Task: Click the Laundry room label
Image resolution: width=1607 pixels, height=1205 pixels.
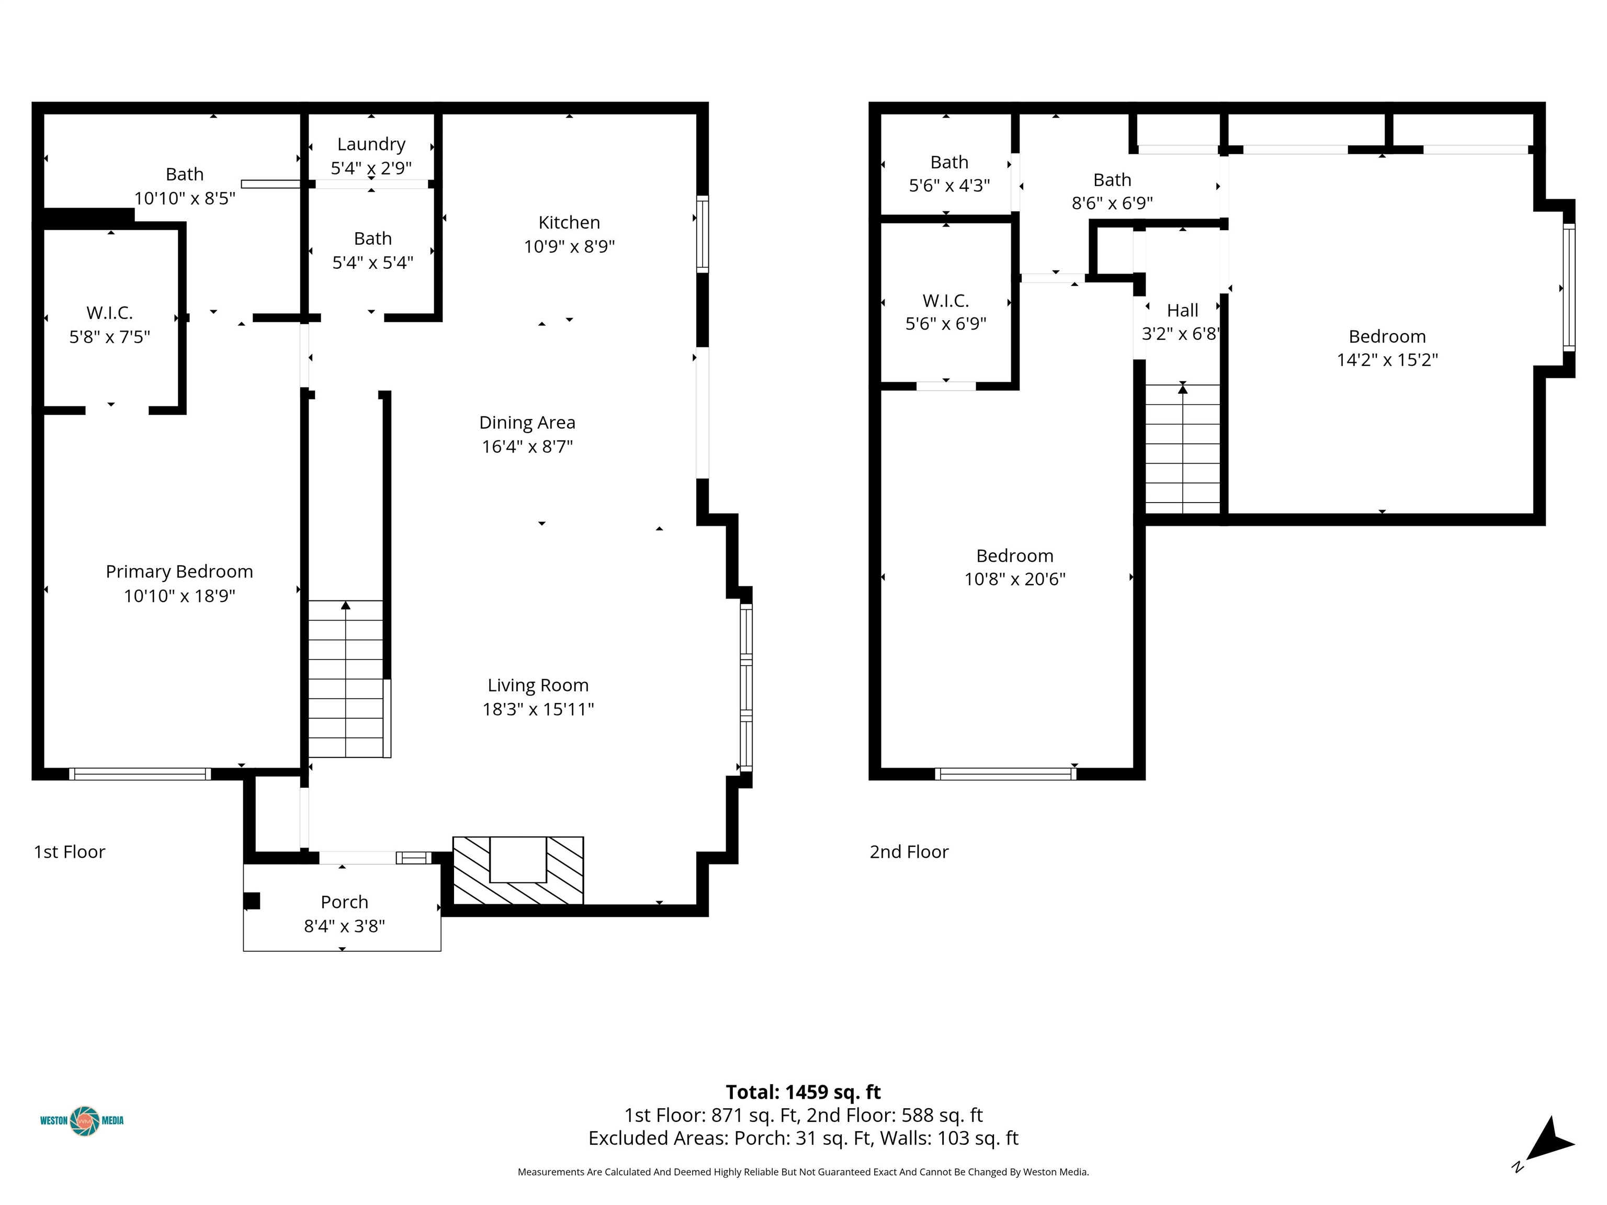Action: (x=371, y=144)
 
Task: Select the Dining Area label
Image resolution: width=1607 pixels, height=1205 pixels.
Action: (x=527, y=422)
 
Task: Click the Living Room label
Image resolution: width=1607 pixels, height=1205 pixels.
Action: (x=538, y=685)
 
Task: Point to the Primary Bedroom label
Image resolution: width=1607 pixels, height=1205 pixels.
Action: (x=179, y=572)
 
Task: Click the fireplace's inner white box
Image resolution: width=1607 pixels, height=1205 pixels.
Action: (x=518, y=859)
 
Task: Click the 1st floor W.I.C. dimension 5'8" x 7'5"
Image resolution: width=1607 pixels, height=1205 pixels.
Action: (x=110, y=336)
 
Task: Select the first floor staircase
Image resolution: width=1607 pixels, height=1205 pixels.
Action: (x=346, y=679)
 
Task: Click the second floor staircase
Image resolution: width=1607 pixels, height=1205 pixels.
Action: (x=1183, y=449)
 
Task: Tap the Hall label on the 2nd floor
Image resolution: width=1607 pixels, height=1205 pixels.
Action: (x=1182, y=310)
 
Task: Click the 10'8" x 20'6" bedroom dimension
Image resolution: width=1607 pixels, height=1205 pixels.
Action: (x=1014, y=579)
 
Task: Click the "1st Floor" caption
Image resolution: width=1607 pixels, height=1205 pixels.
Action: (x=69, y=851)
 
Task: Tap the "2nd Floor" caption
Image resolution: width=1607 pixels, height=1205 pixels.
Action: (x=909, y=851)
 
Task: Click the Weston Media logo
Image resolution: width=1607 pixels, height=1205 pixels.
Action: (x=82, y=1121)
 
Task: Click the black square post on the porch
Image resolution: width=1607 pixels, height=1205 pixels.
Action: (x=252, y=901)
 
